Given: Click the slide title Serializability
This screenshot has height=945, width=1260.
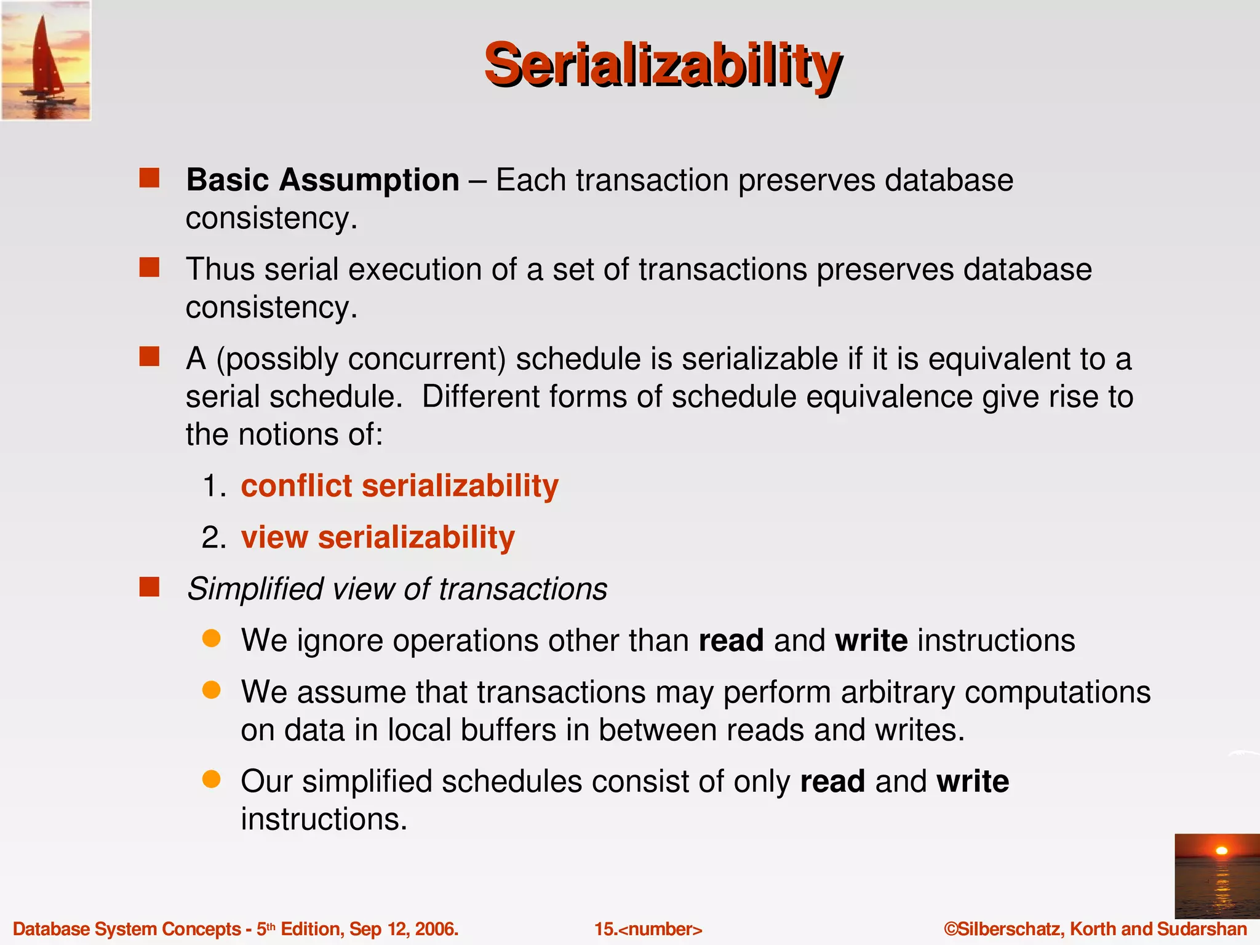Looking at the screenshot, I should [x=662, y=65].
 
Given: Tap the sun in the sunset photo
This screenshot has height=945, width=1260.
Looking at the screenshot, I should [x=1221, y=851].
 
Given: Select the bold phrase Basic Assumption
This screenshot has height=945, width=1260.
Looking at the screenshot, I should [x=322, y=180].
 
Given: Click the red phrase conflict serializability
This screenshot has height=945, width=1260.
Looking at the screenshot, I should [x=399, y=486].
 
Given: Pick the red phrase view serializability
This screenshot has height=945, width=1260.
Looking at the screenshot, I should [x=377, y=537].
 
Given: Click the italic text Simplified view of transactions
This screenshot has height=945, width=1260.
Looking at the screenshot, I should [x=397, y=589].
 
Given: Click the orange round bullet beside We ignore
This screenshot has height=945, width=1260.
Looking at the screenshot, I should [x=211, y=639].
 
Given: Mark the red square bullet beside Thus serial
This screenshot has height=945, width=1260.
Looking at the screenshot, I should [x=149, y=268].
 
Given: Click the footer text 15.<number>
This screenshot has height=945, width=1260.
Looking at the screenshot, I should [x=648, y=929].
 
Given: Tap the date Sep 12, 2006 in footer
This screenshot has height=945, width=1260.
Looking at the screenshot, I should [x=404, y=929].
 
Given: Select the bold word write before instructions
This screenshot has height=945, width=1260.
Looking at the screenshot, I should [x=871, y=640].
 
